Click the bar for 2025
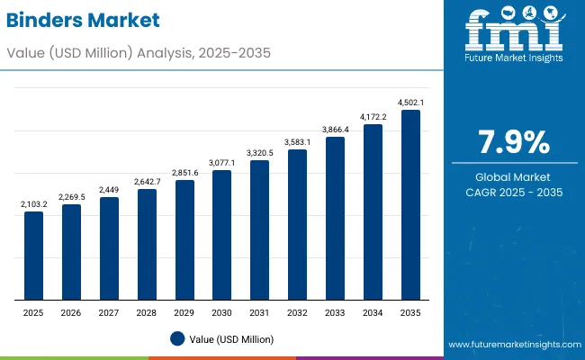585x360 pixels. (33, 256)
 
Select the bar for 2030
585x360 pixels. (221, 235)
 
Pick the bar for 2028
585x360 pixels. (147, 244)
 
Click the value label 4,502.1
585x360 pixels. (410, 102)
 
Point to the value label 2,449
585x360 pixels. (109, 189)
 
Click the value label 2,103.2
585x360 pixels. (33, 204)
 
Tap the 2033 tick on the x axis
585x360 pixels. (335, 311)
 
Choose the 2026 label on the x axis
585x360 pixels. (71, 311)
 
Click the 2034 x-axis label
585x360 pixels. (373, 311)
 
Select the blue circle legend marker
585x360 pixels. (177, 339)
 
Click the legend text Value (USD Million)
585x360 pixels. (231, 339)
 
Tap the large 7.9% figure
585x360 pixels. (513, 142)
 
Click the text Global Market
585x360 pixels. (513, 177)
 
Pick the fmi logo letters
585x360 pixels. (512, 31)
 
